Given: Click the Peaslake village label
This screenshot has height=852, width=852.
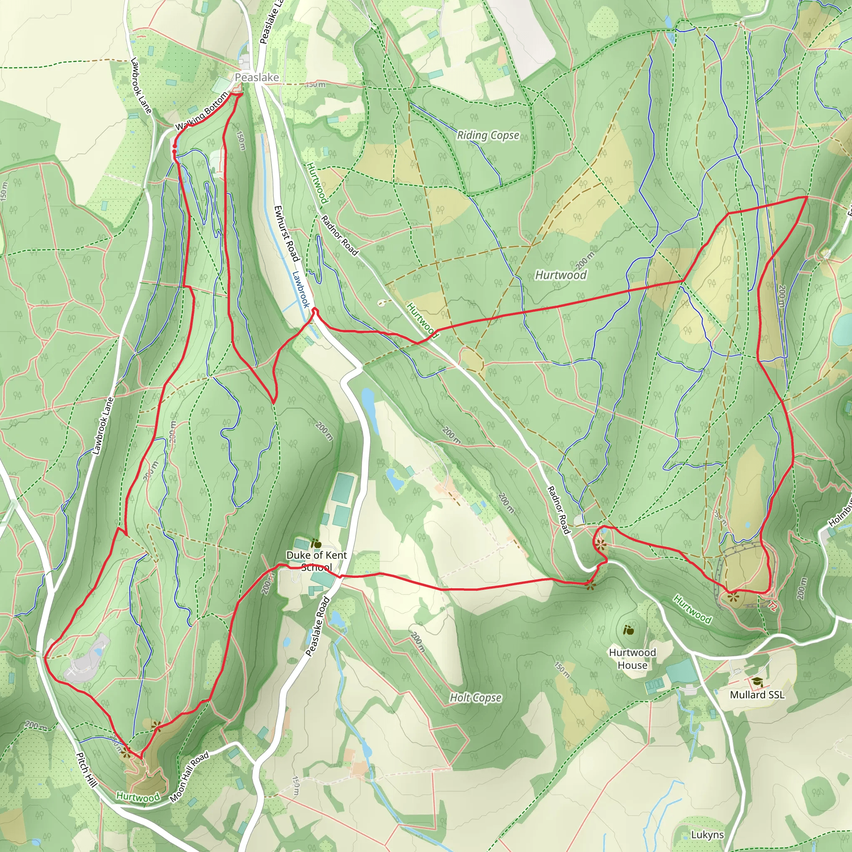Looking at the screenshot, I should pyautogui.click(x=257, y=78).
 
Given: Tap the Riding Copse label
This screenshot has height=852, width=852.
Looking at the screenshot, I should pyautogui.click(x=488, y=135).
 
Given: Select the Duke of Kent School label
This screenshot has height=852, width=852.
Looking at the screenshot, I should pyautogui.click(x=316, y=561).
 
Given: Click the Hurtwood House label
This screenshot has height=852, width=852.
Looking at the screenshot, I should pyautogui.click(x=632, y=659).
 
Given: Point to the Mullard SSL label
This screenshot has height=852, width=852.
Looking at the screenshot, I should pyautogui.click(x=757, y=695).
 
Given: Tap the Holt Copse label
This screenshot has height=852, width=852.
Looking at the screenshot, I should pyautogui.click(x=476, y=698).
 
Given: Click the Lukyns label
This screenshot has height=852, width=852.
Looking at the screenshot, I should pyautogui.click(x=707, y=835).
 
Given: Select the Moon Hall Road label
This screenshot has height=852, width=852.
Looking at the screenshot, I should pyautogui.click(x=189, y=777).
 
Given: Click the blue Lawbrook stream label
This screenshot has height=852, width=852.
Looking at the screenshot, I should pyautogui.click(x=301, y=289).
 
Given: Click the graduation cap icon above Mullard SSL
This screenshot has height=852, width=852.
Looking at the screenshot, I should pyautogui.click(x=757, y=682).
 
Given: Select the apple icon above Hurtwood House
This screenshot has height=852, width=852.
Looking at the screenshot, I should pyautogui.click(x=629, y=630).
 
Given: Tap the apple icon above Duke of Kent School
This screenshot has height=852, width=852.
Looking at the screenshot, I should pyautogui.click(x=316, y=543).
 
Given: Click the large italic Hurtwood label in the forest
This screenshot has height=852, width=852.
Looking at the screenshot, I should pyautogui.click(x=560, y=275).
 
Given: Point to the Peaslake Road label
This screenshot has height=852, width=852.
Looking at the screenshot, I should pyautogui.click(x=318, y=626).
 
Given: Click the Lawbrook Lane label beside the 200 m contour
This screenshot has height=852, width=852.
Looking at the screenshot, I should pyautogui.click(x=103, y=426).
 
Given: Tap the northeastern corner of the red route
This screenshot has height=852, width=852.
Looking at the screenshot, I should pyautogui.click(x=807, y=197).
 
